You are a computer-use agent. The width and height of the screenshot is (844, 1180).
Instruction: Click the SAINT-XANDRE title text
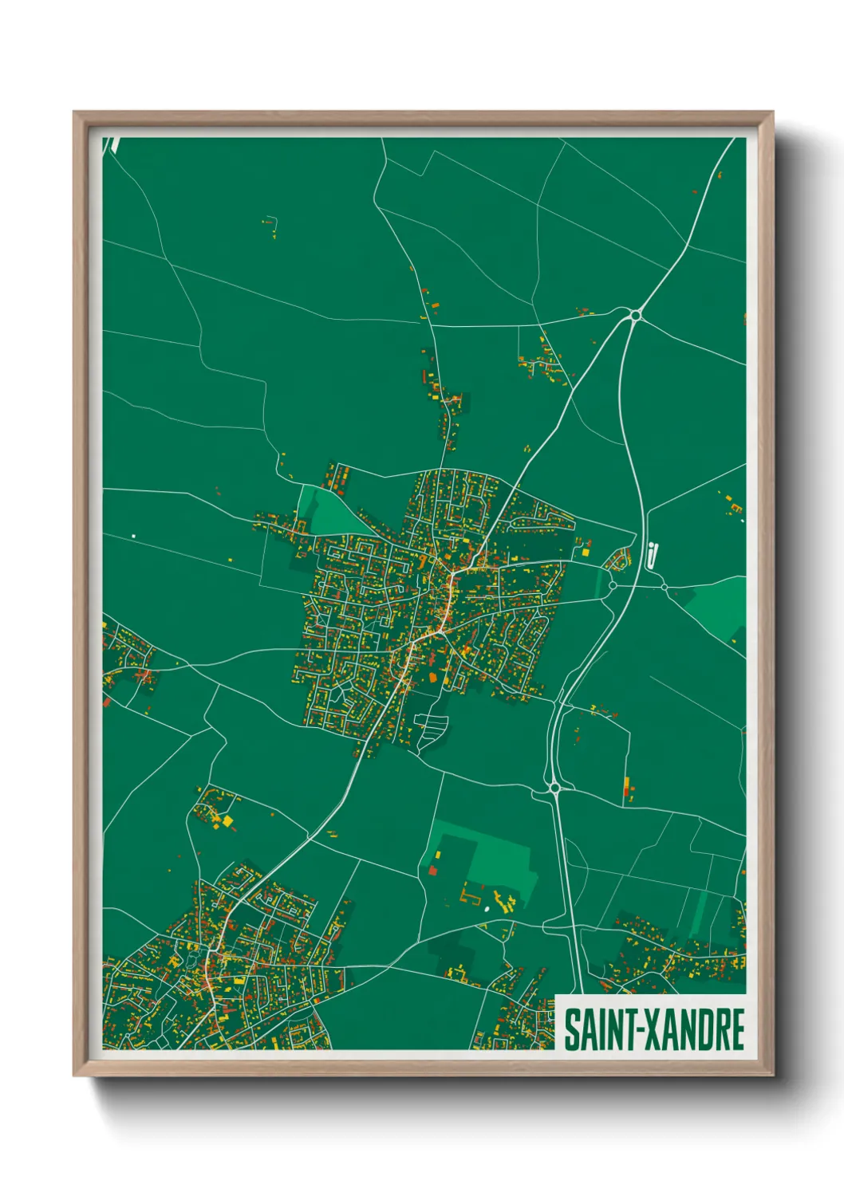[x=654, y=1029]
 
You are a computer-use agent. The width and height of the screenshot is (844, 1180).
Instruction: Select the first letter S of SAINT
[x=572, y=1029]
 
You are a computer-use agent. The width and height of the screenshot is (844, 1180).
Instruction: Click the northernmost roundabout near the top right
[x=635, y=316]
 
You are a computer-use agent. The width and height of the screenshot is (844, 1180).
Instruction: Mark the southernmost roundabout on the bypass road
[x=554, y=788]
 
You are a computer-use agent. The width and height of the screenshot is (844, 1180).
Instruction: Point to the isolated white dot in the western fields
[x=133, y=536]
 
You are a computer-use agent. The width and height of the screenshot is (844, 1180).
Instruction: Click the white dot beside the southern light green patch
[x=487, y=908]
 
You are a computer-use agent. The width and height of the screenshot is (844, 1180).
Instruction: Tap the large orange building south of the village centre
[x=434, y=676]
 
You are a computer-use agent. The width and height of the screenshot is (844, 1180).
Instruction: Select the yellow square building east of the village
[x=587, y=550]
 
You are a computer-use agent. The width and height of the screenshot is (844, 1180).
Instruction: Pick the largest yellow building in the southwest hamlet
[x=227, y=820]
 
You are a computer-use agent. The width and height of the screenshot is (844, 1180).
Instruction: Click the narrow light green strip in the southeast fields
[x=701, y=909]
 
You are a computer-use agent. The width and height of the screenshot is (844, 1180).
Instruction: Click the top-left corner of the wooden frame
[x=75, y=113]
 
